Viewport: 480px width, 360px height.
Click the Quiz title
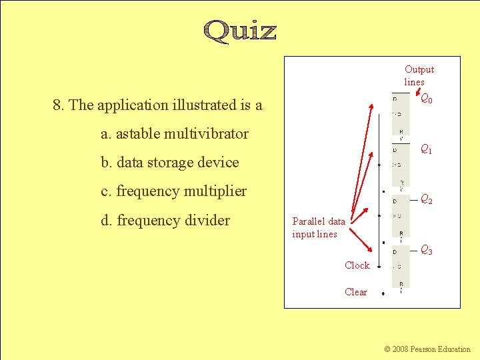tap(239, 31)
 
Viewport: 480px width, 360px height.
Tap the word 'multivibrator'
tap(207, 134)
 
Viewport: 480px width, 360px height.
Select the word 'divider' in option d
tap(207, 221)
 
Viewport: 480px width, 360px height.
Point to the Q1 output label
tap(425, 150)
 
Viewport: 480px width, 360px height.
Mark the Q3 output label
tap(426, 250)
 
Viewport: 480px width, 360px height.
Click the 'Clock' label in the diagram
tap(357, 265)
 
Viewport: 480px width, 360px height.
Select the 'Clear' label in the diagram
tap(356, 292)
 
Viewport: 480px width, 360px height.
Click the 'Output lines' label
tap(419, 75)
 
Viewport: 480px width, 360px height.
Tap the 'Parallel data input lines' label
tap(319, 227)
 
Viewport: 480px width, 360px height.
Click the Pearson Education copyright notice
tap(427, 349)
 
